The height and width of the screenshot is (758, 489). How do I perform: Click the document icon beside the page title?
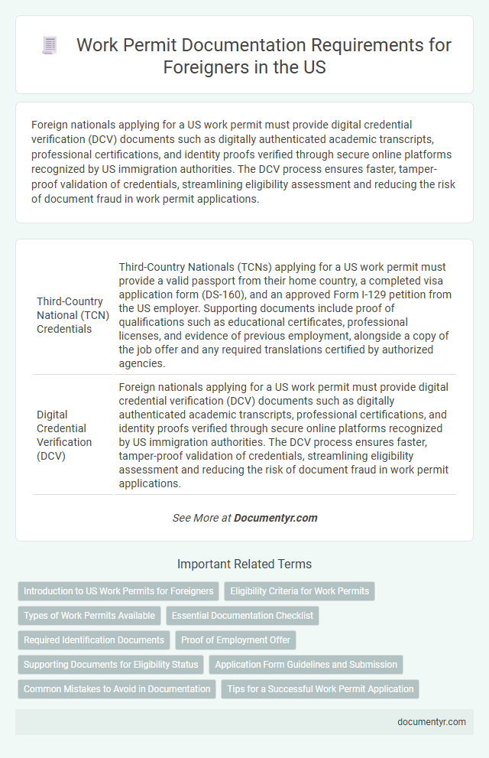pyautogui.click(x=50, y=46)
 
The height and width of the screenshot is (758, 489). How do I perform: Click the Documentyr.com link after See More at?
pyautogui.click(x=275, y=518)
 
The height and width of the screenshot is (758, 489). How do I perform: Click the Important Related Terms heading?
pyautogui.click(x=244, y=564)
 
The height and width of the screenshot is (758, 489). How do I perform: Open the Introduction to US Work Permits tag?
pyautogui.click(x=118, y=591)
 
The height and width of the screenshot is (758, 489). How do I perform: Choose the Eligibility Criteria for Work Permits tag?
pyautogui.click(x=299, y=591)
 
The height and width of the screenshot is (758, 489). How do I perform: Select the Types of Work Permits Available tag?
pyautogui.click(x=89, y=616)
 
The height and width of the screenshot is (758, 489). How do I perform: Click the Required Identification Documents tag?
pyautogui.click(x=94, y=640)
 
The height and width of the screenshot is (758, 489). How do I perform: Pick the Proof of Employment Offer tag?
pyautogui.click(x=236, y=640)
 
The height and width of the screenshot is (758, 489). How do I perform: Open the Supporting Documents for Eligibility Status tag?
pyautogui.click(x=111, y=665)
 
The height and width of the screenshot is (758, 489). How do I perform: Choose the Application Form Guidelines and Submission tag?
pyautogui.click(x=306, y=665)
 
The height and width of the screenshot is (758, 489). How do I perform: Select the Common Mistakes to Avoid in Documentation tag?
pyautogui.click(x=117, y=689)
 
